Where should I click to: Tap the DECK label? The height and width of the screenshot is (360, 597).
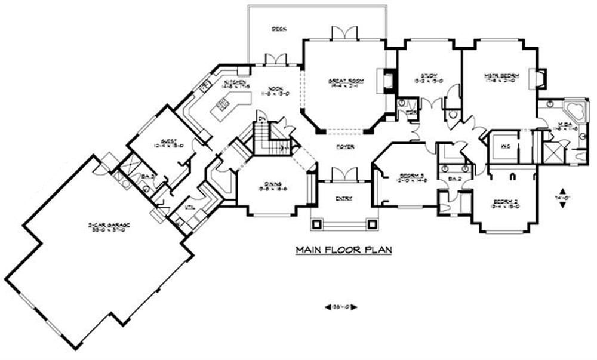click(x=276, y=28)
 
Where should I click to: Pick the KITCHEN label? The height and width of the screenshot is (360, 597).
click(x=235, y=82)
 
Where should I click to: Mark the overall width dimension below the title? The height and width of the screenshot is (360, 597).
click(x=341, y=307)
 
